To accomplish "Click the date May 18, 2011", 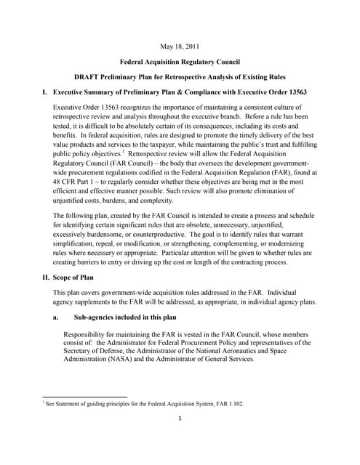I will coord(180,47).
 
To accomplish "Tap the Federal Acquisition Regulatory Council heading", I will coord(180,62).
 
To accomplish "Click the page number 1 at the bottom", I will coord(180,418).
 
